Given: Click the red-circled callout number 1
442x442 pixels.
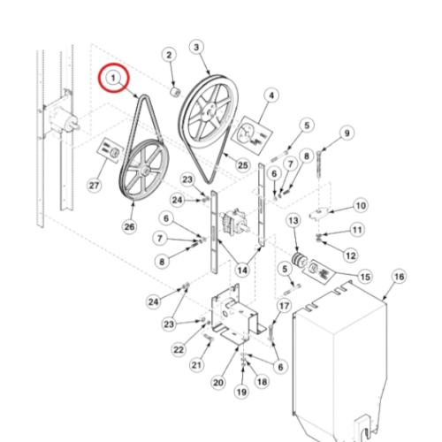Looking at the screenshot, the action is coord(113,78).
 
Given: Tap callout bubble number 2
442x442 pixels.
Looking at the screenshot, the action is coord(169,55).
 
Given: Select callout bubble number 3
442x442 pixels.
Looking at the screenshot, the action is coord(196,47).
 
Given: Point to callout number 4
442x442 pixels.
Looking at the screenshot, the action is coord(271,95).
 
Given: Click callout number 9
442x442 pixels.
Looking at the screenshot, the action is coord(347,133).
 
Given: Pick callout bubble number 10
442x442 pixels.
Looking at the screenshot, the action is coord(361,205).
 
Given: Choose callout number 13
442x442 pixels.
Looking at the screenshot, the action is coord(293,221).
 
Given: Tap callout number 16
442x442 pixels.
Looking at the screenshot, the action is coord(400,277).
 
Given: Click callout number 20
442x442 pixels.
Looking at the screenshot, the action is coord(218,383).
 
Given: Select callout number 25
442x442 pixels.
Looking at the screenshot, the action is coord(243,165).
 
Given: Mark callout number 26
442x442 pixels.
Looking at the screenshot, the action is coord(129,227).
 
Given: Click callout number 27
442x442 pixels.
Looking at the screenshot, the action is coord(94,186).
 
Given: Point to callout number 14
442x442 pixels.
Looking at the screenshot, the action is coord(242,270).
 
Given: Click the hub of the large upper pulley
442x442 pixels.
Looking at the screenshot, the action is coord(210,112).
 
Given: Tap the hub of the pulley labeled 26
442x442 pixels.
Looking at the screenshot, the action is coord(144,171).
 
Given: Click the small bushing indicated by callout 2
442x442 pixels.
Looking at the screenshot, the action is coord(176,92).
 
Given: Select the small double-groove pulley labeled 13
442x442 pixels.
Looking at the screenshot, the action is coord(299,260).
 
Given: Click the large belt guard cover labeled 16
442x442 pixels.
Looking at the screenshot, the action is coord(339,361).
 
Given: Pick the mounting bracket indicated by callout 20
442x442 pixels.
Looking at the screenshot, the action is coord(234,316).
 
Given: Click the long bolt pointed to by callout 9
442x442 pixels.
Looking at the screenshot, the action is coord(319,164).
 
